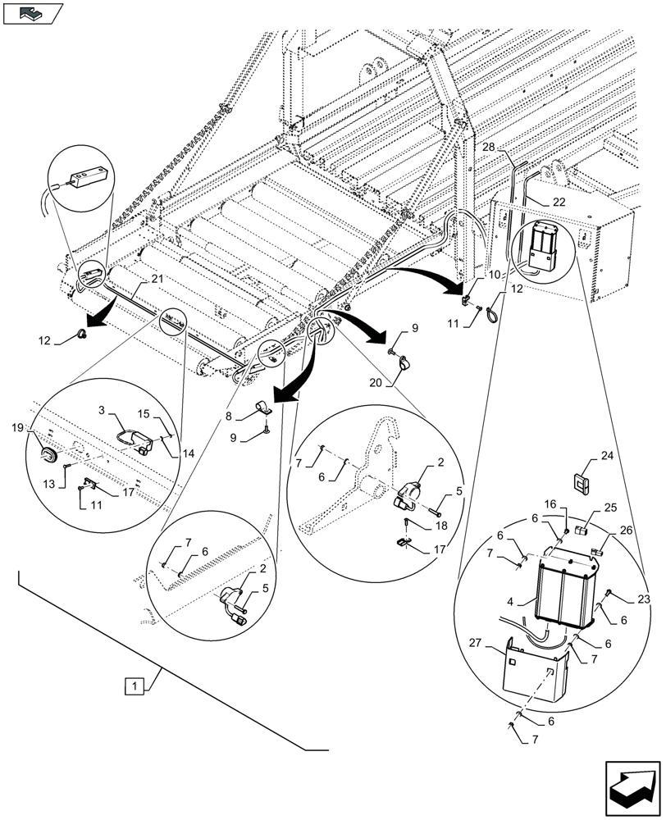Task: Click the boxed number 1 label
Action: (132, 685)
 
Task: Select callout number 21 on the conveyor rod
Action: (157, 280)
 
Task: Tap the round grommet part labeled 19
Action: (49, 453)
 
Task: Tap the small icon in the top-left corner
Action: (32, 12)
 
